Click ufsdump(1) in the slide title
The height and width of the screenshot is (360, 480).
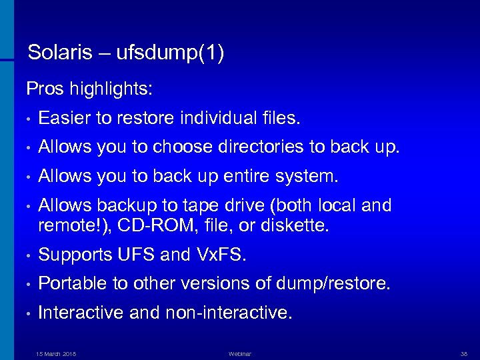tap(170, 54)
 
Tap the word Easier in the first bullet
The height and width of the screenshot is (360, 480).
tap(65, 119)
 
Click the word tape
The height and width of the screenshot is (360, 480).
tap(211, 206)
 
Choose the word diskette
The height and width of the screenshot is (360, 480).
tap(300, 225)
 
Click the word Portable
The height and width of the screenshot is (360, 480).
tap(69, 283)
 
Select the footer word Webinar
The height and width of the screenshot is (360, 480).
tap(239, 353)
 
